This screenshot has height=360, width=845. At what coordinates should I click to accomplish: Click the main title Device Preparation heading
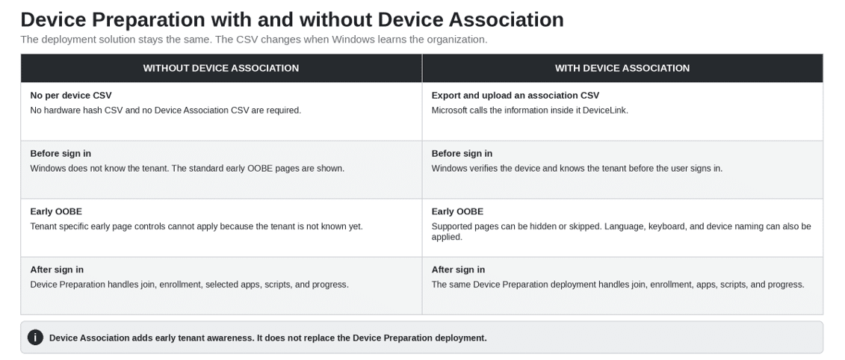click(292, 19)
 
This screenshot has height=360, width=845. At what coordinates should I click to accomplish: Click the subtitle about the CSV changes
click(254, 40)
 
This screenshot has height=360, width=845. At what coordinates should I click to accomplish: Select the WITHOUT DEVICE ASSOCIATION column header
click(221, 68)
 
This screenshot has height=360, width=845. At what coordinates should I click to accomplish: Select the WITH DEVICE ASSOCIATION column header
click(622, 68)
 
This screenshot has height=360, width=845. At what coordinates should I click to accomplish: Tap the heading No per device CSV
click(70, 96)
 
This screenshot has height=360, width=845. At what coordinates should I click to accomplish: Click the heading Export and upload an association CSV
click(516, 96)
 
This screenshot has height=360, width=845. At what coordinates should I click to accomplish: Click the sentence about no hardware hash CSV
click(165, 111)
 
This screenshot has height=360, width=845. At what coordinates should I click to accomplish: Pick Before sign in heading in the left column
click(61, 154)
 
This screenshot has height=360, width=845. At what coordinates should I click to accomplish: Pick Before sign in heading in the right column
click(462, 154)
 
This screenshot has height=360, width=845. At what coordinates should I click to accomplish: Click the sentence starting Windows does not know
click(187, 169)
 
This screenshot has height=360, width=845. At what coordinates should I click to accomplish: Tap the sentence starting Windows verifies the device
click(578, 169)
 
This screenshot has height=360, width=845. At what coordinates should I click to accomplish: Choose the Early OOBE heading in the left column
click(56, 212)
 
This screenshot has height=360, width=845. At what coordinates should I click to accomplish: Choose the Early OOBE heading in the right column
click(457, 212)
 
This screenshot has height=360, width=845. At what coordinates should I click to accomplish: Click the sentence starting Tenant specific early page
click(196, 226)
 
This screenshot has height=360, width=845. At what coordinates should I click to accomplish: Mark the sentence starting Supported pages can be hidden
click(622, 232)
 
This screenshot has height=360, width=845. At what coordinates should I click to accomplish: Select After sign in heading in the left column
click(57, 270)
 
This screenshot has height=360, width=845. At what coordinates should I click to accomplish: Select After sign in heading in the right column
click(458, 270)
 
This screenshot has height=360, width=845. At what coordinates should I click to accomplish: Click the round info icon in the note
click(35, 338)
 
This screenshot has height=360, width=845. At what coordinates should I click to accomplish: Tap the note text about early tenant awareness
click(267, 338)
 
